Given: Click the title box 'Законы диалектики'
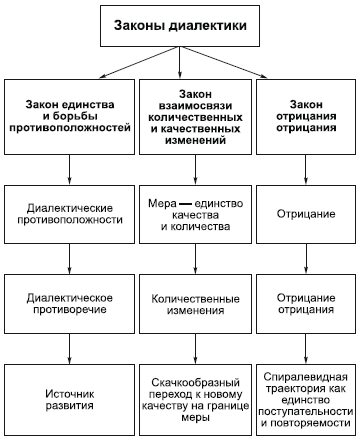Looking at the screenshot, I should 180,24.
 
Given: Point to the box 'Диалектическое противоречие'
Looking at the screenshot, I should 69,305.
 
